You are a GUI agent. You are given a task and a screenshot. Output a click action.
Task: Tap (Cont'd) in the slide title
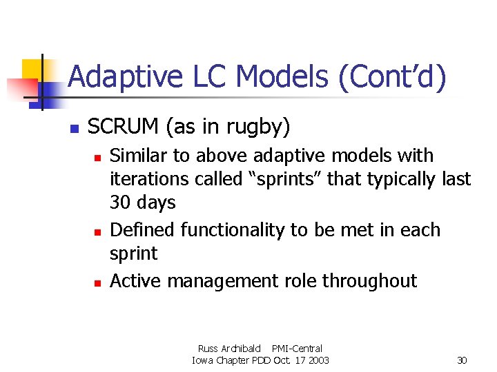(x=391, y=76)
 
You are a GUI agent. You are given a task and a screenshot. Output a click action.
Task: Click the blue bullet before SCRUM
(x=74, y=128)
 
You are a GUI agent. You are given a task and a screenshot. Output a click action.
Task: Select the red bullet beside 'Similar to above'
(x=98, y=158)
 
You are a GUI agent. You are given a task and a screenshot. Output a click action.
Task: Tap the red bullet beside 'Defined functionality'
(x=98, y=231)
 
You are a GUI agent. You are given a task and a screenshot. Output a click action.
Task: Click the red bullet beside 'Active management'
(x=98, y=282)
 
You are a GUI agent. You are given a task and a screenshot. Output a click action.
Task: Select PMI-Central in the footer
(x=297, y=349)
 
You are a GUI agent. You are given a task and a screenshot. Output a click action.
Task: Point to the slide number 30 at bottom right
(x=462, y=360)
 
